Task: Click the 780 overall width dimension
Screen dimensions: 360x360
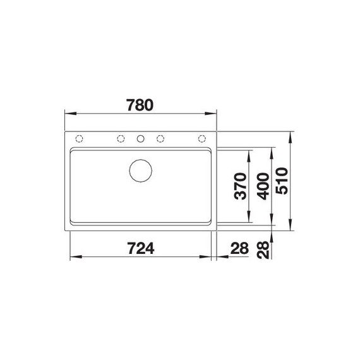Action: (x=140, y=105)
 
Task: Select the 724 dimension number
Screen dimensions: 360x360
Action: (x=140, y=248)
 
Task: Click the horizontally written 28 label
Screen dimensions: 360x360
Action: (x=239, y=248)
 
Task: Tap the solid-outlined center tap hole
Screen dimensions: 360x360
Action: (x=141, y=139)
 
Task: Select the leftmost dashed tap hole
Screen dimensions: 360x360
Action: (x=80, y=139)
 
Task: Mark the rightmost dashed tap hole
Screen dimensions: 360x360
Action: (x=202, y=139)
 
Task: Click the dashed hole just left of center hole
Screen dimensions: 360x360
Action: (x=121, y=139)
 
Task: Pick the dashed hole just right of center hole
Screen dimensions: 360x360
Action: (x=160, y=139)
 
